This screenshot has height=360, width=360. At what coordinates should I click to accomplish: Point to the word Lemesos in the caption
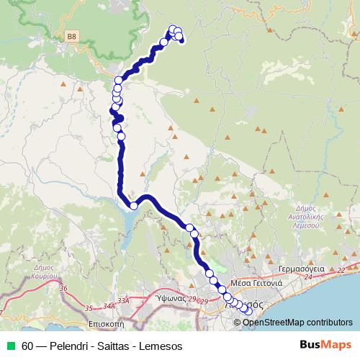coord(162,346)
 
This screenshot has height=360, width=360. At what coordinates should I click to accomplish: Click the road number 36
coord(63,289)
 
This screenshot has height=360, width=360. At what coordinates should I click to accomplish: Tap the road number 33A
coord(123,301)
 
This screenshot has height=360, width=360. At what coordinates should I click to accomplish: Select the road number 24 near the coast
coord(309,276)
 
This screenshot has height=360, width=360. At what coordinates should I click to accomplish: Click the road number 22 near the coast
coord(341,269)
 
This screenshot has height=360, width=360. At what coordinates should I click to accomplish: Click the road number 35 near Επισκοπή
coord(90,307)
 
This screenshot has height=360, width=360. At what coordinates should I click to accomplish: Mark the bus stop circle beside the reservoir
coord(133,206)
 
